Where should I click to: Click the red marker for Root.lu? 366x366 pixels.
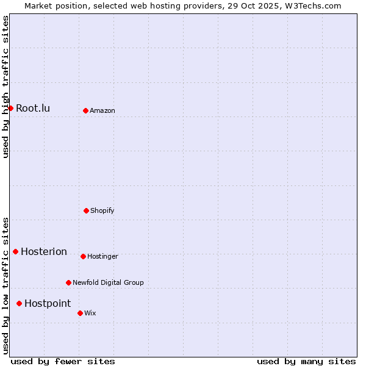[10, 108]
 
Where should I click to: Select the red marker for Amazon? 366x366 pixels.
[85, 110]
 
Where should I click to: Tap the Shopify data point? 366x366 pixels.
[86, 210]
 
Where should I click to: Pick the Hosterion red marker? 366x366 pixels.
[15, 251]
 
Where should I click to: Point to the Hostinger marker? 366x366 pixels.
[83, 256]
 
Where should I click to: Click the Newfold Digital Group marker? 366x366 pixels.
[68, 282]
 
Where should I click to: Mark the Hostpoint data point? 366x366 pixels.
[19, 303]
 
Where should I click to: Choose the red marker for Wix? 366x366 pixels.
[80, 313]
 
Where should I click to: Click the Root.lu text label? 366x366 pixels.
[33, 108]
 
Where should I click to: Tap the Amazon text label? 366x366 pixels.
[102, 110]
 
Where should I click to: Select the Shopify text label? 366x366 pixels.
[102, 210]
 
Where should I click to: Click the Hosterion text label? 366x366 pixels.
[44, 251]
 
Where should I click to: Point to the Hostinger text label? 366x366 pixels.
[102, 256]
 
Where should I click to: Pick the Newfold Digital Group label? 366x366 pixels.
[108, 282]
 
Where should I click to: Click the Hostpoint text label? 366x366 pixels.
[48, 303]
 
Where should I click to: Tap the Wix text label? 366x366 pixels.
[90, 313]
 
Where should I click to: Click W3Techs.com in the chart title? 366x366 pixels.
[307, 5]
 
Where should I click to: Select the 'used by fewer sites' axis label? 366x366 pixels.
[63, 361]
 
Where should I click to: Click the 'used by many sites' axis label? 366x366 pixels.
[306, 361]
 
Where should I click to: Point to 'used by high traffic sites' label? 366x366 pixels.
[5, 87]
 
